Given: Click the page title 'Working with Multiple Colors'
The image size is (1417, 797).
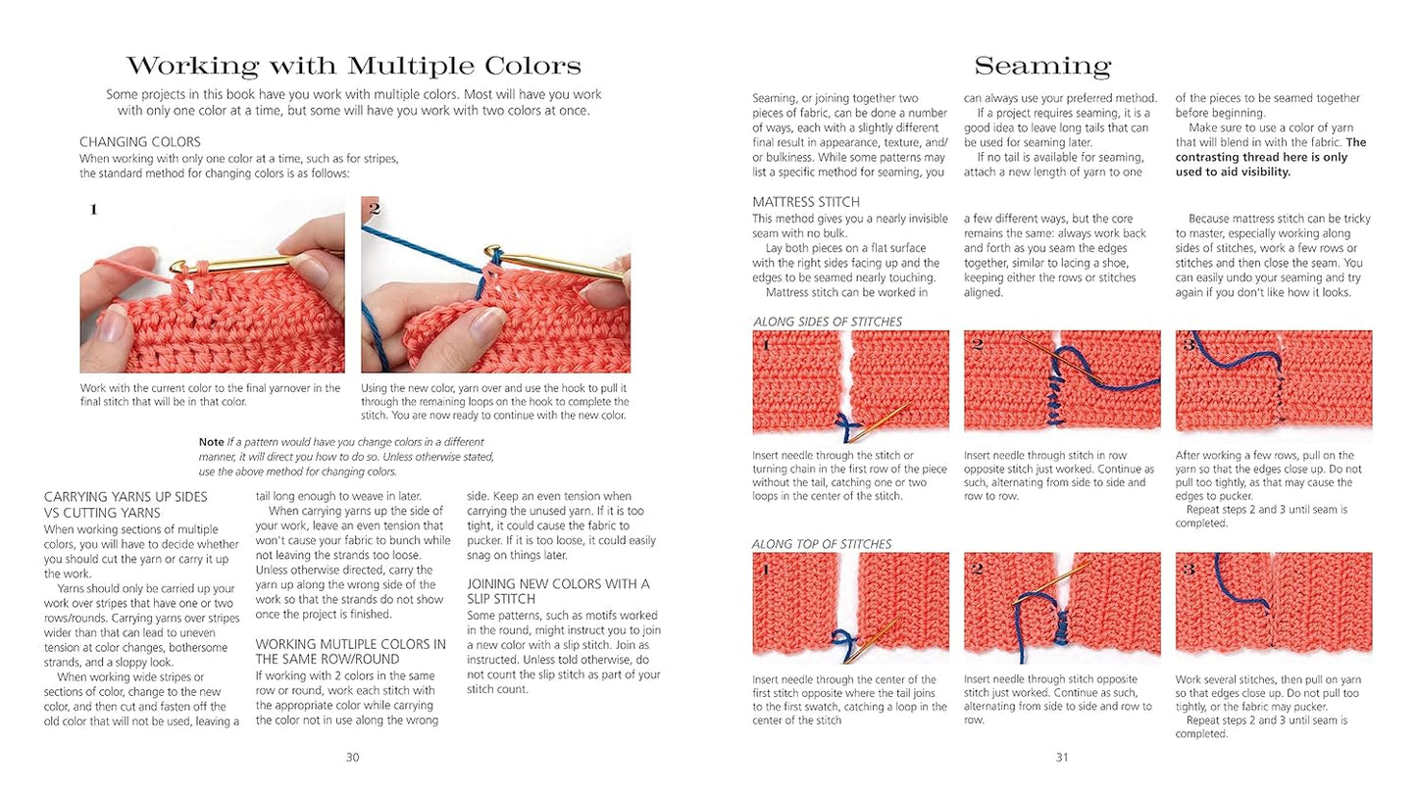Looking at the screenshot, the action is (353, 66).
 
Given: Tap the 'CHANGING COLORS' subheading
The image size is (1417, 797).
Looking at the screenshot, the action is (140, 142).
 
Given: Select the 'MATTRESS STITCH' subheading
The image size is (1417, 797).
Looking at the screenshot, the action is (806, 202).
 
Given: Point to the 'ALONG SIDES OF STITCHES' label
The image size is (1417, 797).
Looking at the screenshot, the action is (828, 322).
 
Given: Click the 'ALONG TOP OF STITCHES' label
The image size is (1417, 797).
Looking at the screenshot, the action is (821, 544).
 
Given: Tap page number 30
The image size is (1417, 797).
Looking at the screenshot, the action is (352, 757).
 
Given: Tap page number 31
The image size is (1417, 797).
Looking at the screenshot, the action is (1061, 757).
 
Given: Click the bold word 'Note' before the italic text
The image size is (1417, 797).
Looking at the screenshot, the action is (211, 442).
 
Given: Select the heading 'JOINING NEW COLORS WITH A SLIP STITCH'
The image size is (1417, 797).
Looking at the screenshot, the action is (558, 591).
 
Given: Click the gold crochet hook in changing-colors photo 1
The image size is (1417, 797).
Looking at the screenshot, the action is (253, 261).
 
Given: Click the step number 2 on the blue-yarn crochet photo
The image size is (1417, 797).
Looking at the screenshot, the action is (374, 208).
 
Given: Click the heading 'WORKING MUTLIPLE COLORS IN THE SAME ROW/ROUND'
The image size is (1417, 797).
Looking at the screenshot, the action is (350, 652).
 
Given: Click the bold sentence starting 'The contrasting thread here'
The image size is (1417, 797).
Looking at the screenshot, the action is (1270, 157).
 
